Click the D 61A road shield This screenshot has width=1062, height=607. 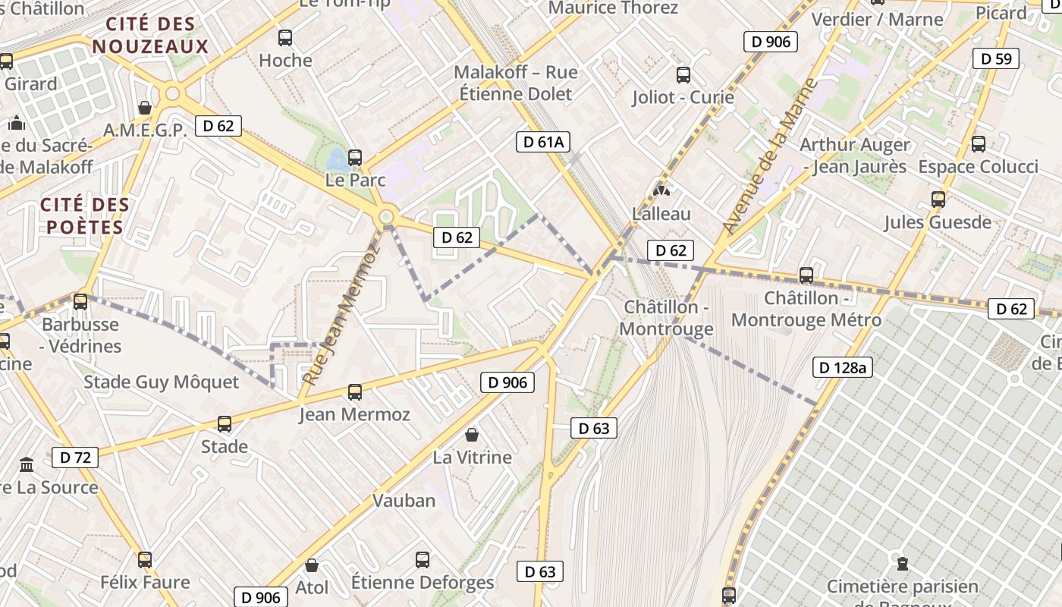543,142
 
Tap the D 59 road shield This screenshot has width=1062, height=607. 996,58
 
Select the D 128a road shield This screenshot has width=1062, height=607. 842,368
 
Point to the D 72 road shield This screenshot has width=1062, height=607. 75,458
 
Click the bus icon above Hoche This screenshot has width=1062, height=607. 285,37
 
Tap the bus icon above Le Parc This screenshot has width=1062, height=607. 355,158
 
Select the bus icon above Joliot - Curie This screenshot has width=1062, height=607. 683,74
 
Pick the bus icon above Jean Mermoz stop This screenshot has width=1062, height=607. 355,392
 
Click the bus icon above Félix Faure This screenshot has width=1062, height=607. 145,560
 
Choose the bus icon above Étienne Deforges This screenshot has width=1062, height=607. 423,560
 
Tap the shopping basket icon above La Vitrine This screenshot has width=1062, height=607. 472,435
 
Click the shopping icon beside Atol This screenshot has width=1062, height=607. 311,565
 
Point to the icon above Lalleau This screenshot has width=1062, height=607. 661,191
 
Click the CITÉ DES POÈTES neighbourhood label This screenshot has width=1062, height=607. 84,215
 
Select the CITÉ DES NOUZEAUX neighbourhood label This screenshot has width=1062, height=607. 150,35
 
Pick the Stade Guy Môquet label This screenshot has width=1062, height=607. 161,382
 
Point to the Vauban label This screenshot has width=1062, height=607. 404,501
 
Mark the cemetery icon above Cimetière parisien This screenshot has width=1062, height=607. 903,564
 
